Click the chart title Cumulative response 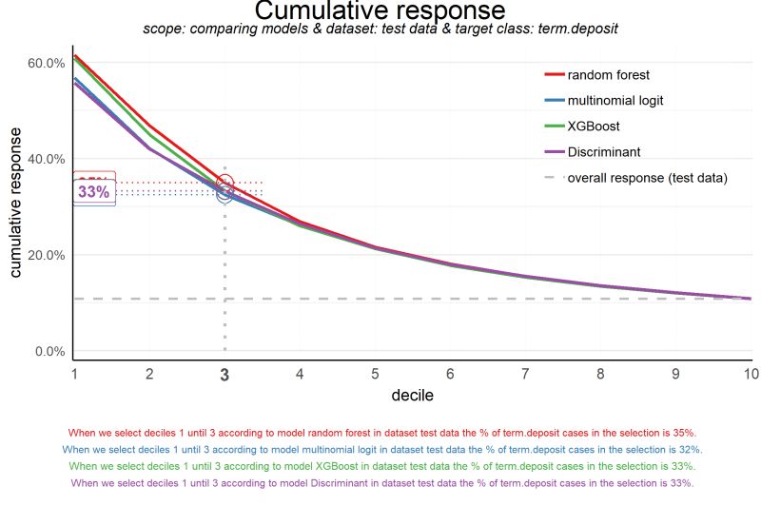380,11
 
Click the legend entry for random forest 609,75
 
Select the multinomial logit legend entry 615,101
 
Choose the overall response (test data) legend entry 647,178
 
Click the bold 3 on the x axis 224,376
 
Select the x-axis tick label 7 525,375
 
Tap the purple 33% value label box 94,191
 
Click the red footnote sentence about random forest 380,432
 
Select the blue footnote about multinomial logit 380,449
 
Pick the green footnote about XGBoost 380,466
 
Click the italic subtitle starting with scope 380,29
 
